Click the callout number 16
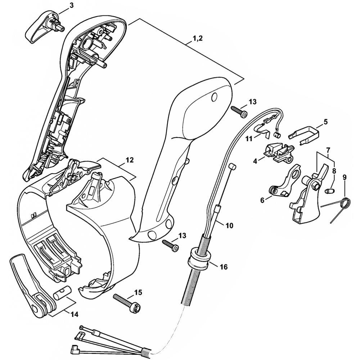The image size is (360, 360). [x=223, y=267]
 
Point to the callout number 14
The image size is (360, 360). [x=74, y=314]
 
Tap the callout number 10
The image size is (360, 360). [x=229, y=226]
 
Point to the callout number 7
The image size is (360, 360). [x=328, y=149]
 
